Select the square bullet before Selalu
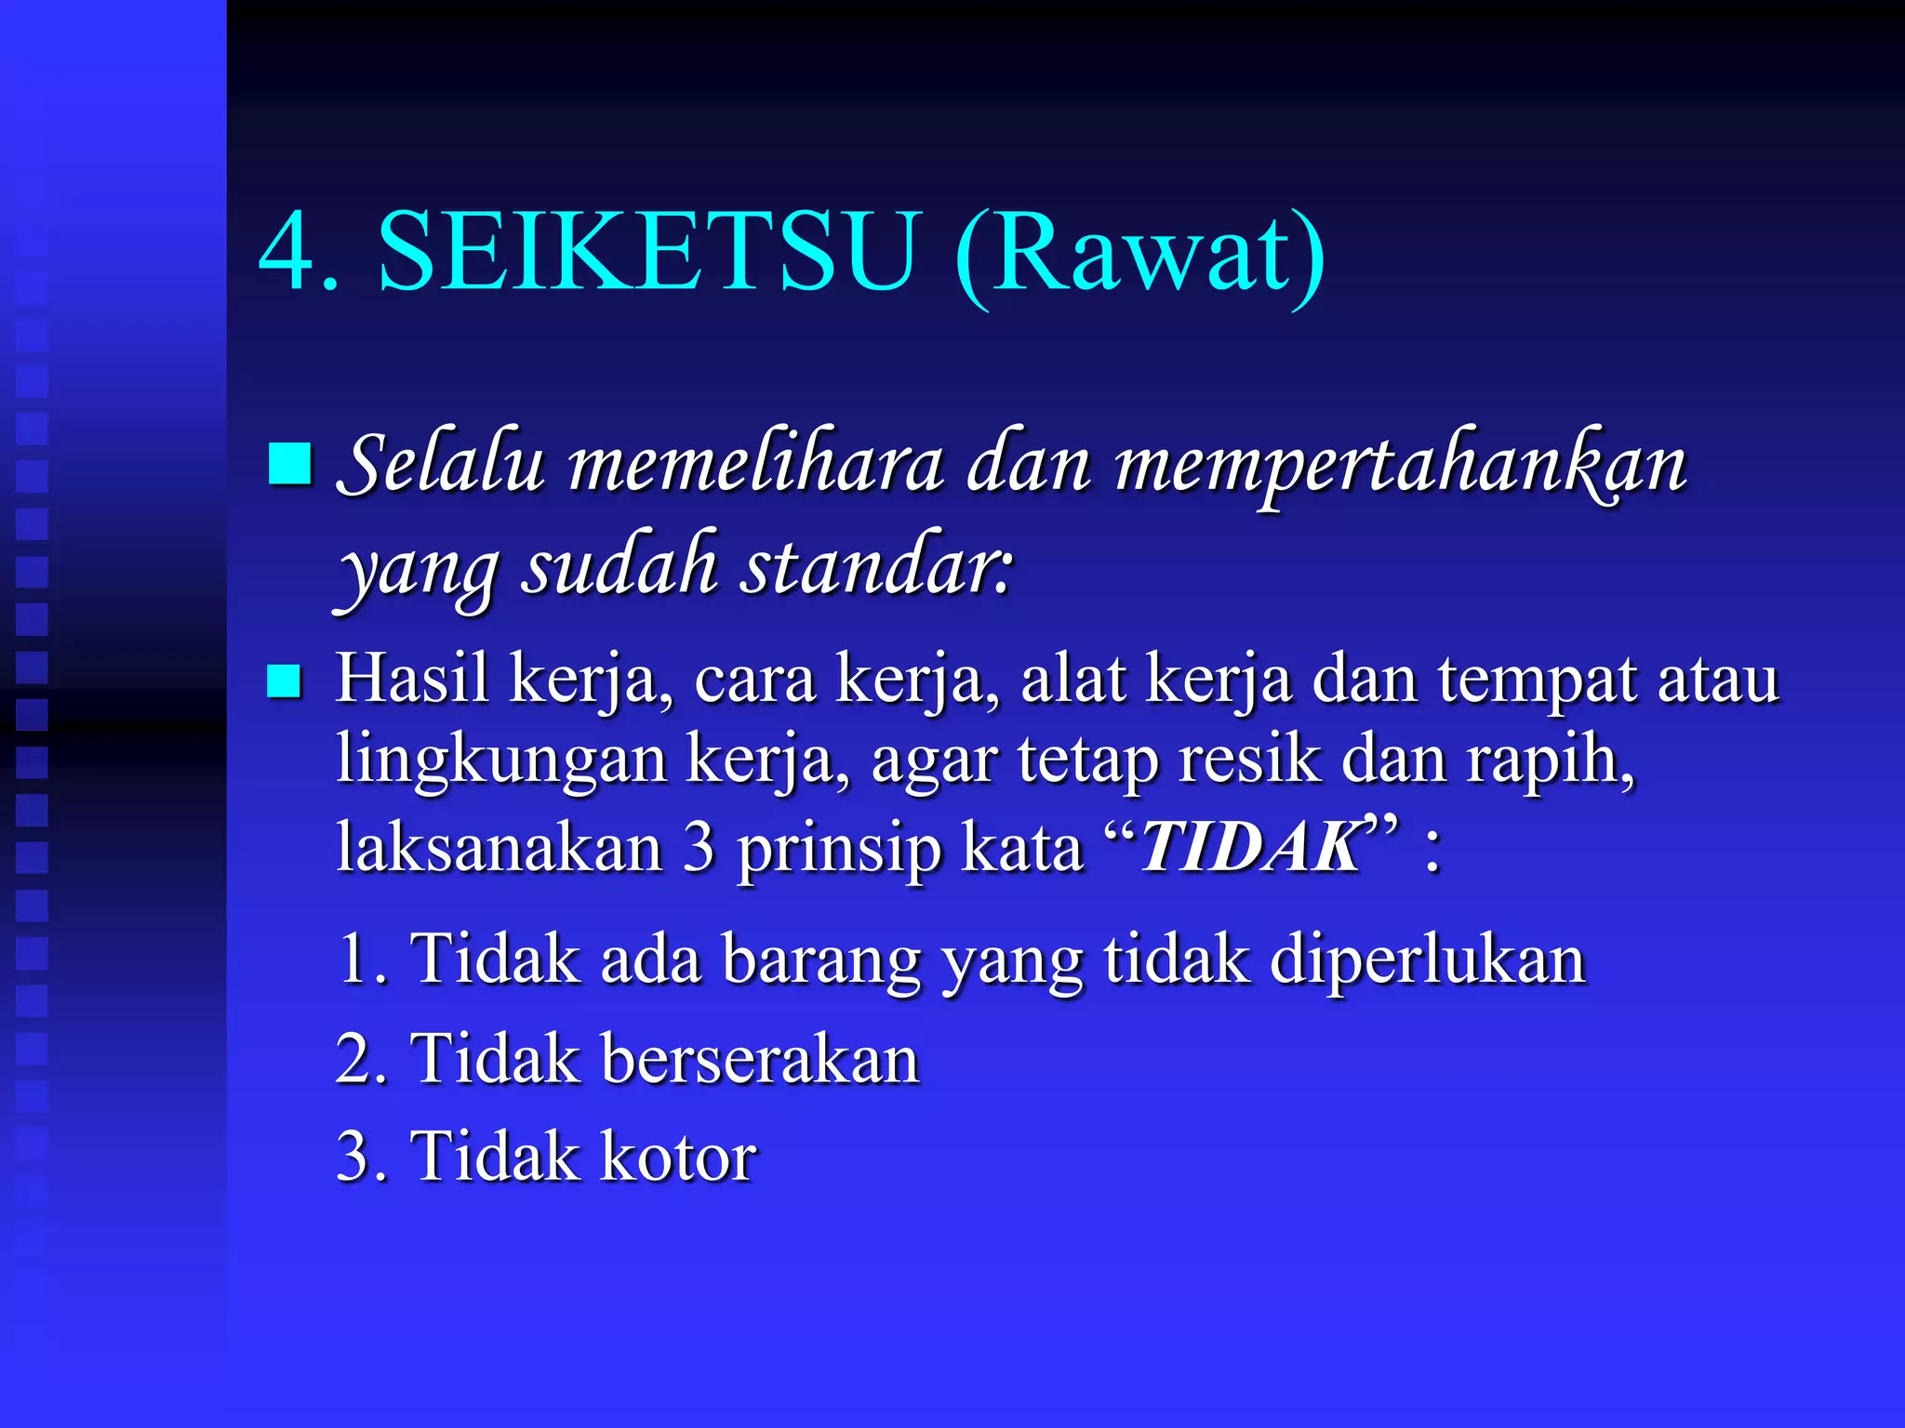point(289,464)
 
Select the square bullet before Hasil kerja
point(284,681)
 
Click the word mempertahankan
point(1400,464)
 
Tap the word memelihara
point(756,464)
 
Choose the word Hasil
point(412,679)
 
